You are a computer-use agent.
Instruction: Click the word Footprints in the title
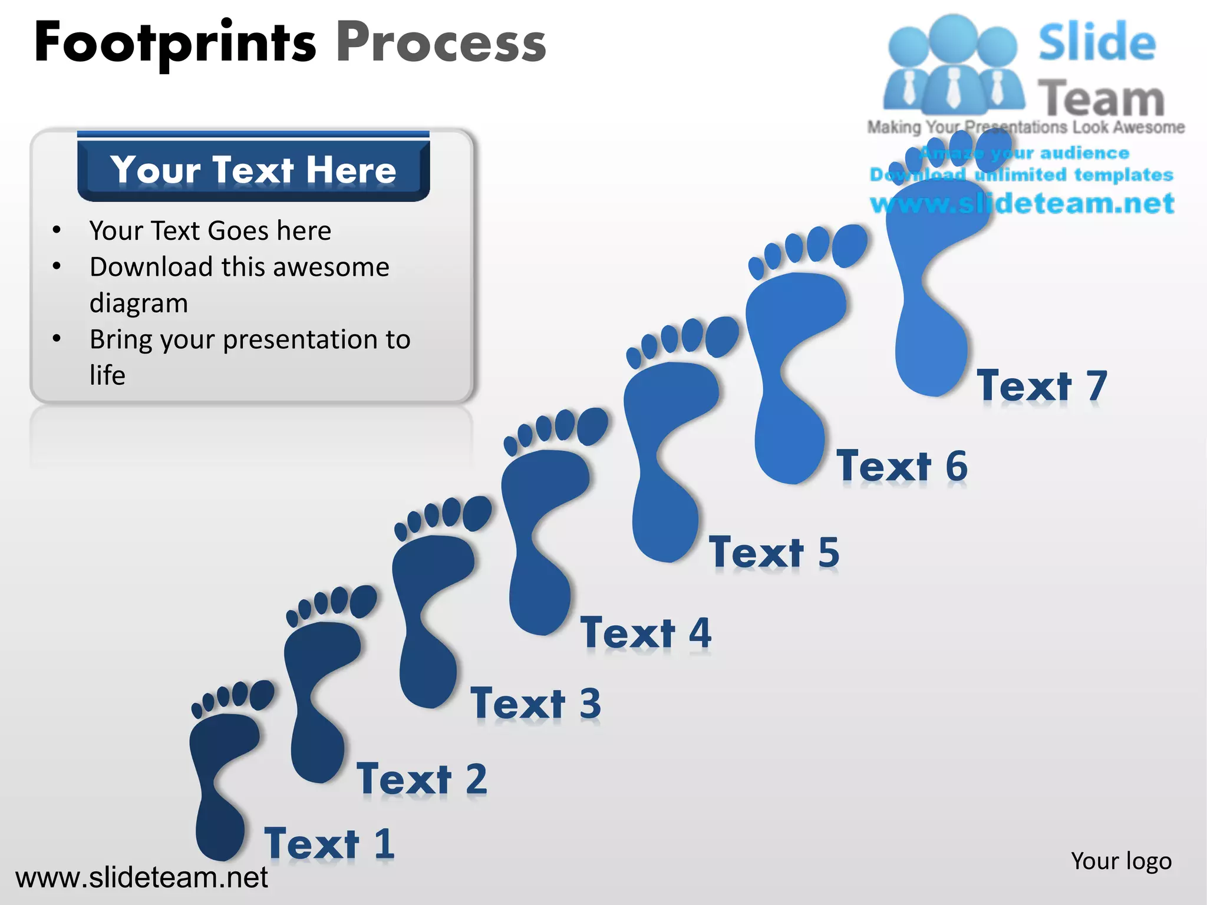[x=175, y=42]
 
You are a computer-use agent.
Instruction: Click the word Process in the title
[x=441, y=42]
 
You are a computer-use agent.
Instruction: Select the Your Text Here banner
[x=253, y=170]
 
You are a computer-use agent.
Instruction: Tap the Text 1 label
[x=329, y=843]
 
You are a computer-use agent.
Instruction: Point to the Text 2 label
[x=422, y=778]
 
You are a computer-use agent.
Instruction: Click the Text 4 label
[x=646, y=633]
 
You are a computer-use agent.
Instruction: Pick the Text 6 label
[x=902, y=466]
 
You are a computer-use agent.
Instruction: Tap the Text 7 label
[x=1043, y=386]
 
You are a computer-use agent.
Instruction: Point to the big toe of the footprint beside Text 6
[x=850, y=245]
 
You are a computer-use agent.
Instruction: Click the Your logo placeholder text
[x=1121, y=861]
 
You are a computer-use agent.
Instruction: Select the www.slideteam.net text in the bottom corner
[x=141, y=877]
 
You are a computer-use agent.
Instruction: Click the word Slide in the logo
[x=1097, y=42]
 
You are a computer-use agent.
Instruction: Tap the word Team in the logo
[x=1101, y=98]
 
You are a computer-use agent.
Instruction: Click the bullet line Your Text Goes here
[x=210, y=230]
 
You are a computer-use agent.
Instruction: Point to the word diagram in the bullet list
[x=139, y=303]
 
